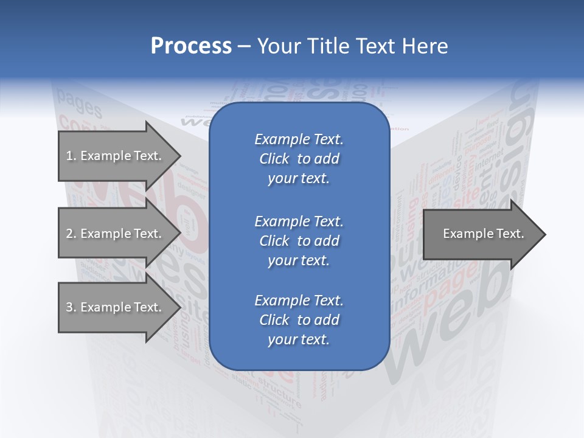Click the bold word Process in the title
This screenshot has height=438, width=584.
pyautogui.click(x=191, y=46)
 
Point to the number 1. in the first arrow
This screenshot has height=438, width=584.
pyautogui.click(x=71, y=156)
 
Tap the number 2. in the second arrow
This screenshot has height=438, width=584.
pyautogui.click(x=71, y=234)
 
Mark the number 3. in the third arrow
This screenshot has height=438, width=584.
pyautogui.click(x=71, y=307)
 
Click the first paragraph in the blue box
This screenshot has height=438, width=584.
pyautogui.click(x=299, y=159)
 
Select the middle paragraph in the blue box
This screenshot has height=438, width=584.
pyautogui.click(x=299, y=241)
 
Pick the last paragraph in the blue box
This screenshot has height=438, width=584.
pyautogui.click(x=299, y=320)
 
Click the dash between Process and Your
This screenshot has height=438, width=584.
pyautogui.click(x=244, y=47)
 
